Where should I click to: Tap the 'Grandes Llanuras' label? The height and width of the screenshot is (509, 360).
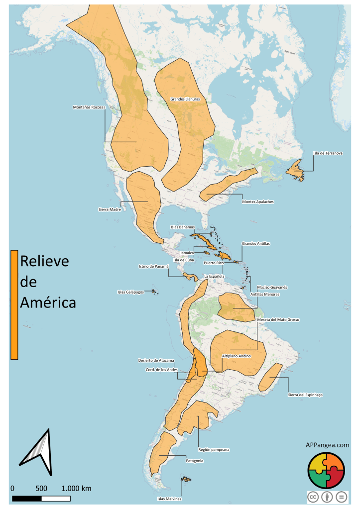[185, 99]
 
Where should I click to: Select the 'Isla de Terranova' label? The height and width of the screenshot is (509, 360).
[327, 153]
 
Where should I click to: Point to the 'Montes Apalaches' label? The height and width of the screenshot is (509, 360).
[258, 202]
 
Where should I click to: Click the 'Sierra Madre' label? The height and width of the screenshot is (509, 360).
[110, 209]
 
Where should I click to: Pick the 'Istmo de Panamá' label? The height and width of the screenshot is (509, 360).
[154, 266]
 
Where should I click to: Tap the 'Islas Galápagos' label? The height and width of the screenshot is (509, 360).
[130, 292]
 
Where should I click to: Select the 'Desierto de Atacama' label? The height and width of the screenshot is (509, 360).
[156, 360]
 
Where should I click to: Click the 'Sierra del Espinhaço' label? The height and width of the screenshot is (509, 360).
[305, 395]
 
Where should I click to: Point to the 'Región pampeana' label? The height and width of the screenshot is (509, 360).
[214, 449]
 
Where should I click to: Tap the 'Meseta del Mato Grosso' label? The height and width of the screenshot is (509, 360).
[278, 319]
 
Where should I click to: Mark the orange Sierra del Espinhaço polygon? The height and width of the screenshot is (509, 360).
[270, 377]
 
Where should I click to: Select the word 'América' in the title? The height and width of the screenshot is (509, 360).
[48, 302]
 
